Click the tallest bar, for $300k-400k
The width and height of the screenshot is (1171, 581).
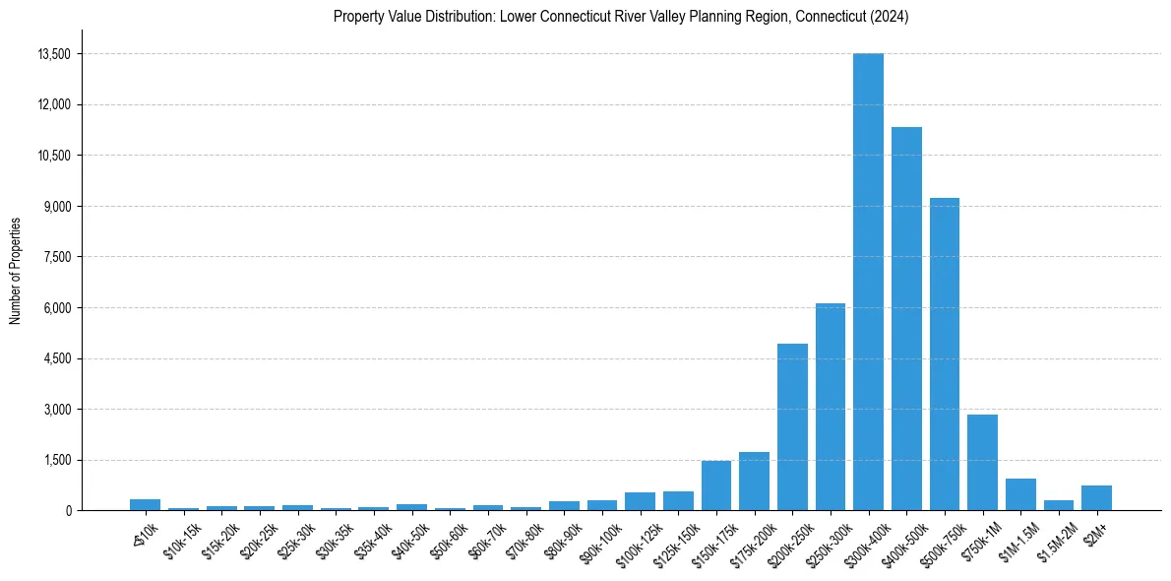pos(868,282)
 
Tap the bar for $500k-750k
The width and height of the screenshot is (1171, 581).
pos(944,354)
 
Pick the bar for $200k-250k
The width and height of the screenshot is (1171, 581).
pos(792,426)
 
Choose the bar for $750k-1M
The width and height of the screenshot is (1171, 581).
pos(982,462)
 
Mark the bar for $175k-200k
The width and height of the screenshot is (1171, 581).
pos(754,481)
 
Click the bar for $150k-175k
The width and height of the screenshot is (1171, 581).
pos(716,485)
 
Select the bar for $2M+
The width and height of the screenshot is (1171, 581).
pos(1096,497)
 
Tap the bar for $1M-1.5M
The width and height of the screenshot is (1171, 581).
pos(1020,494)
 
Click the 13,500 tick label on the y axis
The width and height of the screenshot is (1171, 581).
pos(53,54)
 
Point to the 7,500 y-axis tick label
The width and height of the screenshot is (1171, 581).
pos(56,257)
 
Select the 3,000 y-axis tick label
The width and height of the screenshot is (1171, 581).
pos(56,410)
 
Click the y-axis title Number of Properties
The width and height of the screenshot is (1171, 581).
pos(16,270)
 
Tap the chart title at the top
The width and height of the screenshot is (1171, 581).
pos(620,17)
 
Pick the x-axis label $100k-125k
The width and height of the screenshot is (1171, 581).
pos(635,536)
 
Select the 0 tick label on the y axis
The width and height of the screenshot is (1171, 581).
pos(69,511)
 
